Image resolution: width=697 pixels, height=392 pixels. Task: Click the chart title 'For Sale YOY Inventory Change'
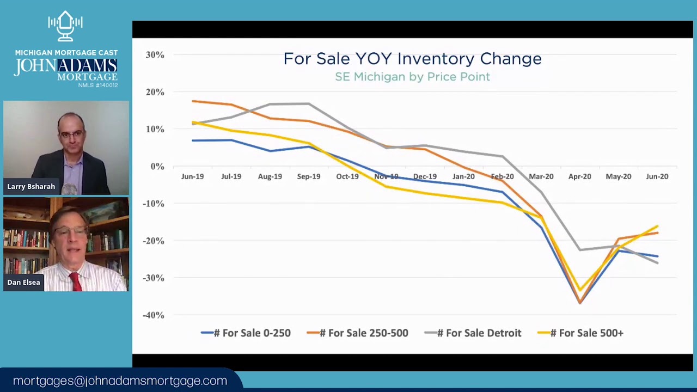[x=412, y=59]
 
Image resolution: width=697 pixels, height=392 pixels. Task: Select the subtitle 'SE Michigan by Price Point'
[x=412, y=77]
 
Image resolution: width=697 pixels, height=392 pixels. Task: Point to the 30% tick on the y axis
[x=155, y=55]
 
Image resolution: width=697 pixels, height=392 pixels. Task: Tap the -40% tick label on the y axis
[x=153, y=315]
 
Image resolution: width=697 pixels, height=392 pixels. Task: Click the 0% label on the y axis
[x=157, y=167]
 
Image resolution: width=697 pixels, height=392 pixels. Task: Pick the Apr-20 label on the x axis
[x=579, y=176]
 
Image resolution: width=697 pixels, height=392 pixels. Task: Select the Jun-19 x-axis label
[x=192, y=176]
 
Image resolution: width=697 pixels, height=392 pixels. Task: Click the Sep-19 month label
[x=309, y=176]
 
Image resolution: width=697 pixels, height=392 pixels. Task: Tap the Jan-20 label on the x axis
[x=463, y=176]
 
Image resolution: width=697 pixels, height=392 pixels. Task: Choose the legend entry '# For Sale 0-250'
[x=246, y=333]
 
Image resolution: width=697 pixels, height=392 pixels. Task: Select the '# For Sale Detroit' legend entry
[x=473, y=333]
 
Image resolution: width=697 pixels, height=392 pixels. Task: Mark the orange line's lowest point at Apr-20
[x=580, y=303]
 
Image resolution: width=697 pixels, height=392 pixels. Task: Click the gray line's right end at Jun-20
[x=657, y=263]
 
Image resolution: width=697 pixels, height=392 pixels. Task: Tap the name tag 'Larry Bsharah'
[x=31, y=187]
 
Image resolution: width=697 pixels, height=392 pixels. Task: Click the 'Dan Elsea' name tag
[x=24, y=283]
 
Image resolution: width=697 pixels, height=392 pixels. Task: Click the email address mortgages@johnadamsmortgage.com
[x=120, y=381]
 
